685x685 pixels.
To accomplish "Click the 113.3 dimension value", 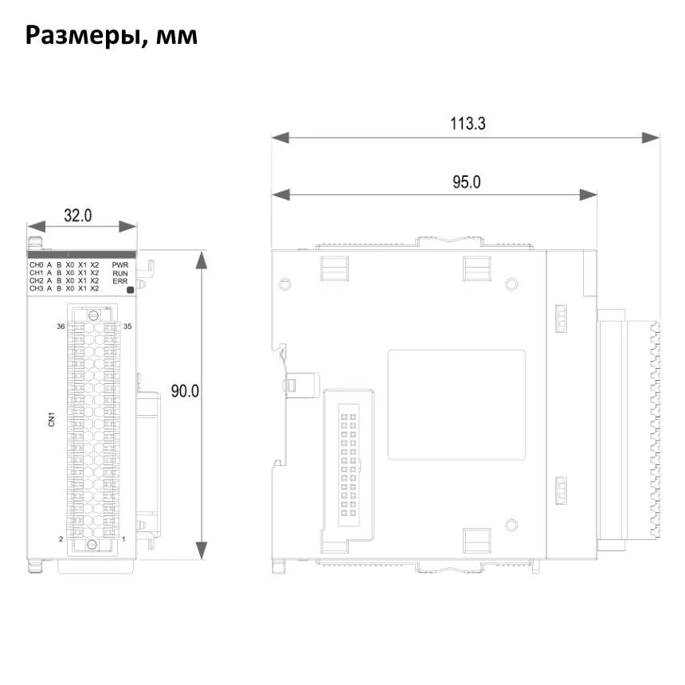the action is pyautogui.click(x=468, y=123).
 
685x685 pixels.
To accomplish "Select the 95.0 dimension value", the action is pyautogui.click(x=466, y=182).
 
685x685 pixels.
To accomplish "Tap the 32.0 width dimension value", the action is pyautogui.click(x=78, y=215).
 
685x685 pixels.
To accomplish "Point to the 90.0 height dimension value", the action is pyautogui.click(x=185, y=391).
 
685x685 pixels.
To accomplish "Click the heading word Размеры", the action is pyautogui.click(x=83, y=36).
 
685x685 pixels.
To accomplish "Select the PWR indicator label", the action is pyautogui.click(x=120, y=264).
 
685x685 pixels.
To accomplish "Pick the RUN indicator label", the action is pyautogui.click(x=120, y=273).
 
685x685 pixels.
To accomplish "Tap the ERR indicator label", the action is pyautogui.click(x=120, y=281).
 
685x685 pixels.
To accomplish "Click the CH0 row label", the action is pyautogui.click(x=37, y=264).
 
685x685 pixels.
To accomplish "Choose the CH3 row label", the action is pyautogui.click(x=37, y=288).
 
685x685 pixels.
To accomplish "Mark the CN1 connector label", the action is pyautogui.click(x=52, y=420).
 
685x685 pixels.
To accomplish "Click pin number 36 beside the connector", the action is pyautogui.click(x=61, y=327).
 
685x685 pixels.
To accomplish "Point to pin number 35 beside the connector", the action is pyautogui.click(x=127, y=327).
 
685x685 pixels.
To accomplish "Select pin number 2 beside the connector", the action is pyautogui.click(x=61, y=539).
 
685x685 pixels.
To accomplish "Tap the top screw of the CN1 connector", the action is pyautogui.click(x=93, y=315).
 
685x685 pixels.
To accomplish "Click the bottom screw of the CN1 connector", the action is pyautogui.click(x=92, y=544).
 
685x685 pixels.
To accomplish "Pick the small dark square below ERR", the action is pyautogui.click(x=130, y=290).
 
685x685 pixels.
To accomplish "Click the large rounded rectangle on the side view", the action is pyautogui.click(x=456, y=405).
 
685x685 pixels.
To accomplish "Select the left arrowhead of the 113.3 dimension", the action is pyautogui.click(x=280, y=138).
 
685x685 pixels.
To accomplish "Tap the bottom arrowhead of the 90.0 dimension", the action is pyautogui.click(x=202, y=550).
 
